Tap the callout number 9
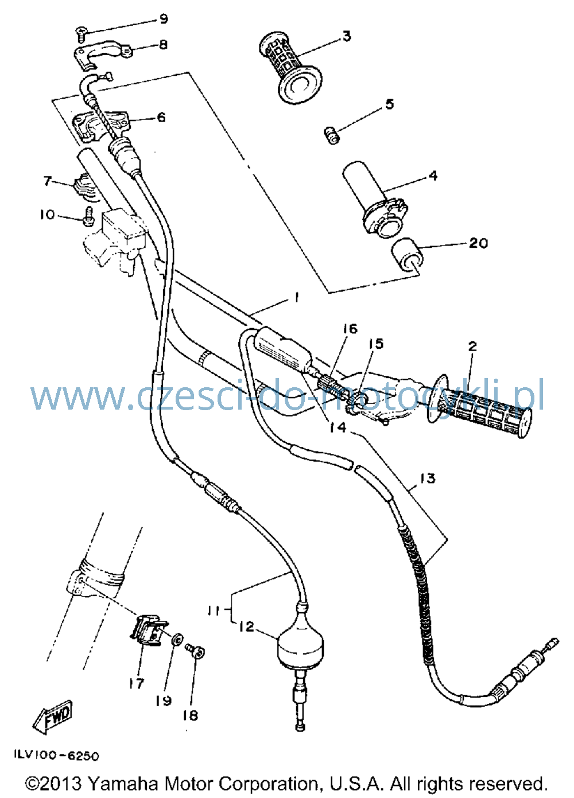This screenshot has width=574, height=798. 164,18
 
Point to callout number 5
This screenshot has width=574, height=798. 389,104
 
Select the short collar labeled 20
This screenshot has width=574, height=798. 407,254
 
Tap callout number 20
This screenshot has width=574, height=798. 478,243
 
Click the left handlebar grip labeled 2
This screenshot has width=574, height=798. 479,406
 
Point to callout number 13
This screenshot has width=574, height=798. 428,478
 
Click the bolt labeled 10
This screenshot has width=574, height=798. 88,216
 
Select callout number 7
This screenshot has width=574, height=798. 48,181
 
